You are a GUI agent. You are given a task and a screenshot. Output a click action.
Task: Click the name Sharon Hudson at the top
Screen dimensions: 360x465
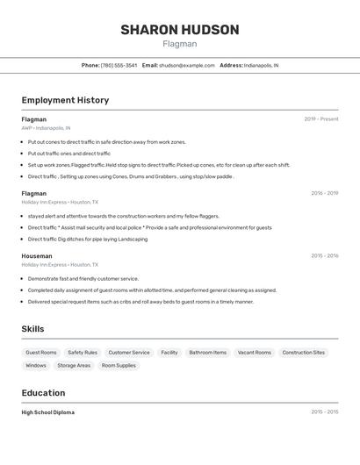[180, 30]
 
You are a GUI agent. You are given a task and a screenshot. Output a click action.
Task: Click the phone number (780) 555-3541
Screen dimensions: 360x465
[119, 65]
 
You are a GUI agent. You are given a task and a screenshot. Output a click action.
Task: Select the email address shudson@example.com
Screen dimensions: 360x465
[186, 65]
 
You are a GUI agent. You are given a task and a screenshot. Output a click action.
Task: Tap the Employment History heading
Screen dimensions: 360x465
[65, 100]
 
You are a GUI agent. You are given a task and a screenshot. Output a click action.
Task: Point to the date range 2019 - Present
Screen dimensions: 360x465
[321, 119]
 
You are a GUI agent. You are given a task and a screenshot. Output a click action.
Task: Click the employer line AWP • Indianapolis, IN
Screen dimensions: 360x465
[53, 128]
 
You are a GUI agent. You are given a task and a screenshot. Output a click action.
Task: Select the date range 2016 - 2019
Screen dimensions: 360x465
[324, 193]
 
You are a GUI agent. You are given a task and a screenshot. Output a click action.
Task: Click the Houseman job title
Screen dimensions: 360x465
[37, 256]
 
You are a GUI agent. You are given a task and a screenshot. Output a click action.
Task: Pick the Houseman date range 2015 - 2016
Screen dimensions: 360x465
[324, 256]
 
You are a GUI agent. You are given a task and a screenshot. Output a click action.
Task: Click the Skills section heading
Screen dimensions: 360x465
[33, 329]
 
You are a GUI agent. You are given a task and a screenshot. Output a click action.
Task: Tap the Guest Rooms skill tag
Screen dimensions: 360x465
[41, 353]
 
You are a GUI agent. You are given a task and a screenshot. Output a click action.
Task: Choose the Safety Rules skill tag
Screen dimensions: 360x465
[83, 353]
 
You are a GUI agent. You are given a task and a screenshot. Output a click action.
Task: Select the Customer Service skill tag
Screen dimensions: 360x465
[129, 353]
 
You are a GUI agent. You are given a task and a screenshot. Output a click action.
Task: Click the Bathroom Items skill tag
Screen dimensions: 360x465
[208, 353]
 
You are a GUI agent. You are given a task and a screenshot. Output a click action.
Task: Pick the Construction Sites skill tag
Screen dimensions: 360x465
[304, 353]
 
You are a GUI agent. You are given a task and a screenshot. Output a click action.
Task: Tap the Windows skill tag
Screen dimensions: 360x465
[36, 366]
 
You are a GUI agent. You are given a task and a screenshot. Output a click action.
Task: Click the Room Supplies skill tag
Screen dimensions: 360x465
[119, 366]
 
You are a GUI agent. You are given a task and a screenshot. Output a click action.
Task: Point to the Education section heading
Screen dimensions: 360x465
[44, 393]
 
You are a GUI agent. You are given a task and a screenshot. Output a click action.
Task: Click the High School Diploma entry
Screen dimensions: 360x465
[48, 412]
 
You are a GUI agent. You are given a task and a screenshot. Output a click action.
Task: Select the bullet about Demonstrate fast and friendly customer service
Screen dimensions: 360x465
[83, 279]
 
